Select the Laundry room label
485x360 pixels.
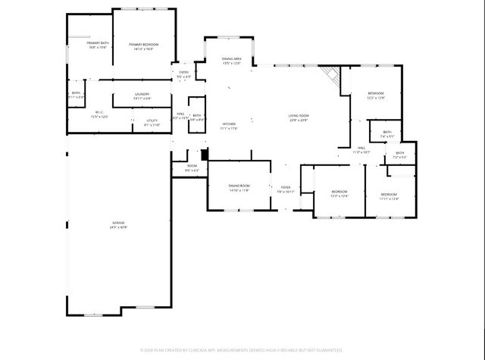tap(142, 95)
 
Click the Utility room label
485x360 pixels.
tap(152, 122)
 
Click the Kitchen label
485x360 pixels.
tap(229, 126)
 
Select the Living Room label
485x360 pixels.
tap(298, 117)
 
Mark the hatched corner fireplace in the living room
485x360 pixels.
tap(329, 74)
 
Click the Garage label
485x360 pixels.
tap(117, 225)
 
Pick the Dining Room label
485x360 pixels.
tap(239, 188)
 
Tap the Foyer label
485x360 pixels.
tap(286, 189)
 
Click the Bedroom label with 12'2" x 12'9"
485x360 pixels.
tap(376, 95)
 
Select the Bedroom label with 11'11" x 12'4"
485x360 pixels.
tap(389, 196)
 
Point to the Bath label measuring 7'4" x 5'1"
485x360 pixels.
tap(387, 134)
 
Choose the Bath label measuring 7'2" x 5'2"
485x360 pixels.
tap(399, 155)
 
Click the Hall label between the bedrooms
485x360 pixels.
tap(361, 149)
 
